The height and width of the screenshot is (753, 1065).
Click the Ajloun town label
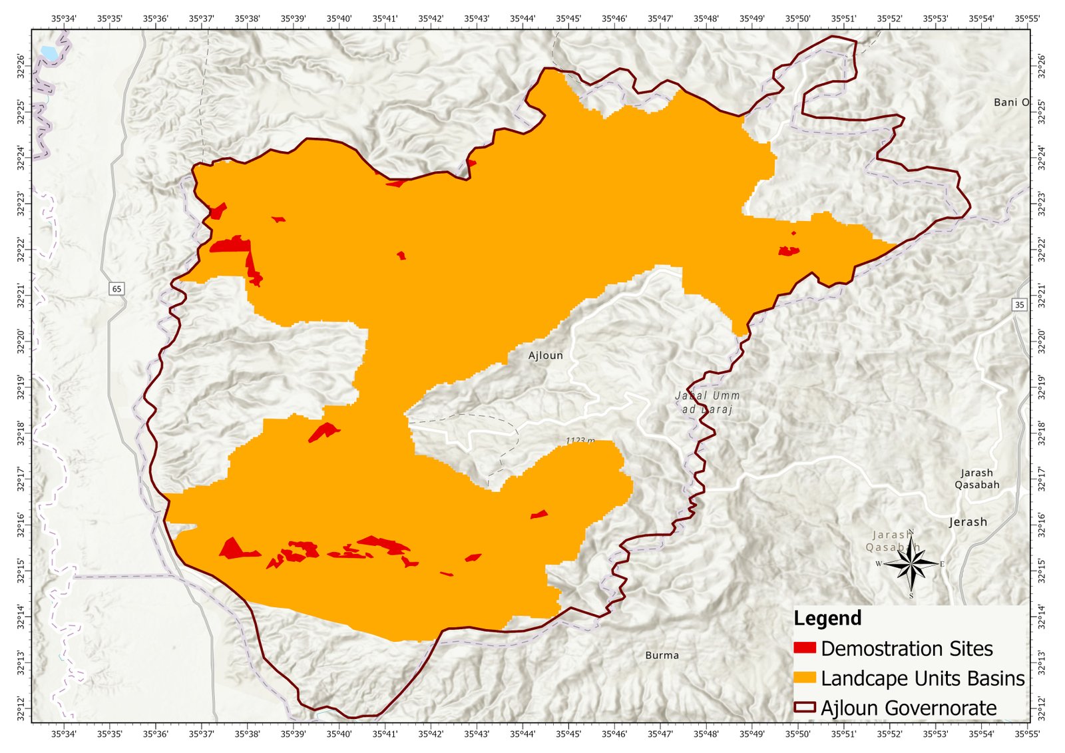[x=545, y=356]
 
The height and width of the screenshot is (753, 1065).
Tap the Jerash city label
[x=968, y=522]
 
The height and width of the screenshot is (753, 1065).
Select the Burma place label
[x=662, y=655]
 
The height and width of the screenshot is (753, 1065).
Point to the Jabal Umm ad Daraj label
[x=707, y=402]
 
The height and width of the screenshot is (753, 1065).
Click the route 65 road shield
[x=116, y=288]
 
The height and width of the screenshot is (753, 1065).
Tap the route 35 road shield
[x=1019, y=304]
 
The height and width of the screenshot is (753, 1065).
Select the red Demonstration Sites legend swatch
[x=804, y=648]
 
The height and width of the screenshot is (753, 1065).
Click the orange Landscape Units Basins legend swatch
[x=804, y=678]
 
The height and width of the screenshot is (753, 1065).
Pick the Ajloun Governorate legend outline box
[x=804, y=707]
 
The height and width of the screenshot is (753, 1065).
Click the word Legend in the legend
[x=827, y=618]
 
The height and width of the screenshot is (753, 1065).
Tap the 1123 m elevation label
[x=580, y=440]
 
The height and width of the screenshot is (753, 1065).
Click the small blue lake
[x=49, y=52]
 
